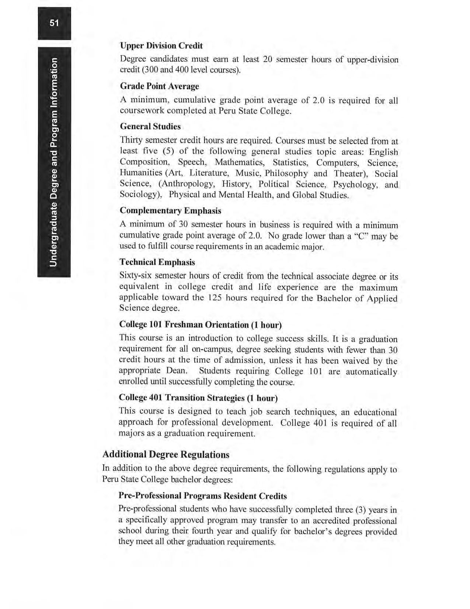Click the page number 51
coord(54,23)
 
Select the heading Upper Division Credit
coord(161,46)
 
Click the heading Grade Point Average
coord(159,86)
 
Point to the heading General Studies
coord(150,127)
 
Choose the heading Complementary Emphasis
coord(170,211)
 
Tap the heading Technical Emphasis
coord(157,262)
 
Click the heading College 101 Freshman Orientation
coord(200,325)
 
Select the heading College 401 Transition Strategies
coord(198,398)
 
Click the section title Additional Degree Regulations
coord(166,454)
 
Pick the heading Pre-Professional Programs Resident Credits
coord(202,496)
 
